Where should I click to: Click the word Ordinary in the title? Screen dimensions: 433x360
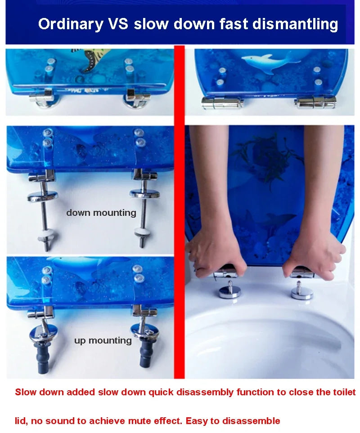pyautogui.click(x=70, y=24)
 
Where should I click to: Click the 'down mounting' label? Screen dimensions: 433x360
pyautogui.click(x=101, y=213)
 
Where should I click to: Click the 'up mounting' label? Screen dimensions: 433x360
pyautogui.click(x=103, y=340)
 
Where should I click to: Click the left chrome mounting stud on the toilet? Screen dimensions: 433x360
pyautogui.click(x=230, y=290)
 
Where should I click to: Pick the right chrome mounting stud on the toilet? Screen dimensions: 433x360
pyautogui.click(x=301, y=290)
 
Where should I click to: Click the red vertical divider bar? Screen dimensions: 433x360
pyautogui.click(x=180, y=211)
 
